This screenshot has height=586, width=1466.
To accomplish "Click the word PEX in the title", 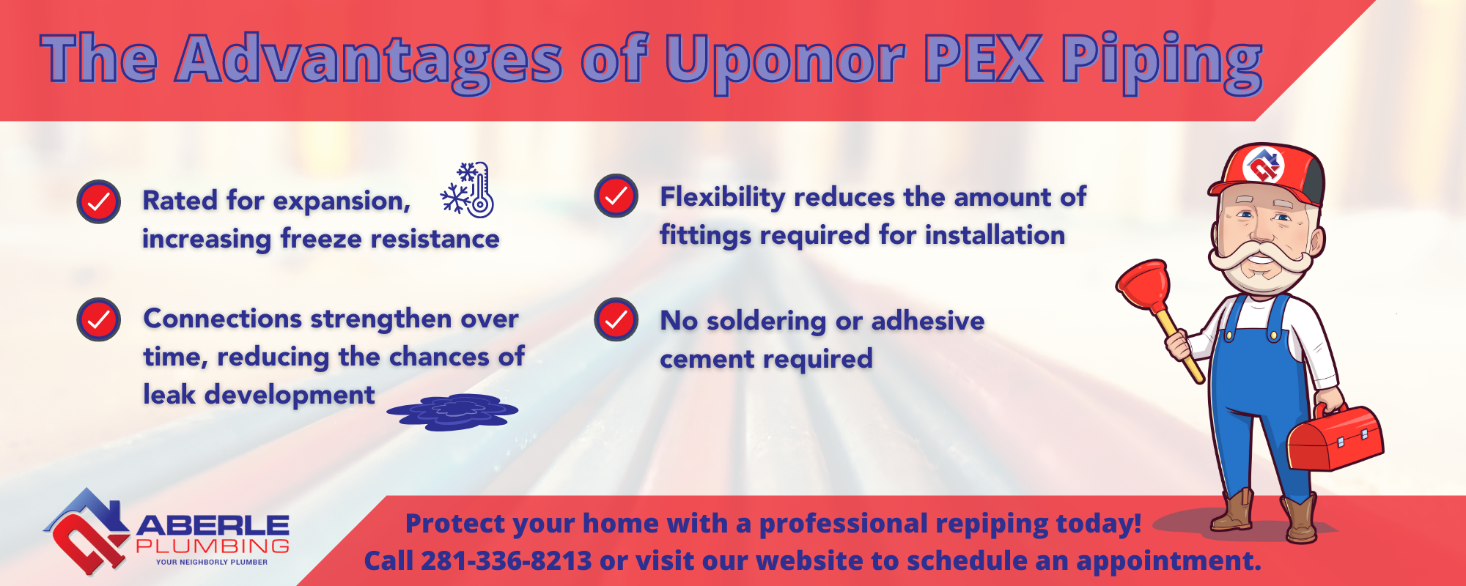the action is tap(984, 59).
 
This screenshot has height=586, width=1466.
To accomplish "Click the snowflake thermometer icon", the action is tap(468, 189).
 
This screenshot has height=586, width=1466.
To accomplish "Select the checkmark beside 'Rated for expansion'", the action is tap(99, 201).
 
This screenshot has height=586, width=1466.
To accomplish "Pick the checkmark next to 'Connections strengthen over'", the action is tap(99, 319).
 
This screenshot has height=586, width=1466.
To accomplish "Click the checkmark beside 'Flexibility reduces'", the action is tap(616, 196).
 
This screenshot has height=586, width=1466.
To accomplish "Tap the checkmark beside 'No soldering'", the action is tap(616, 319).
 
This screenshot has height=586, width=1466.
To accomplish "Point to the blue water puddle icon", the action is tap(452, 412).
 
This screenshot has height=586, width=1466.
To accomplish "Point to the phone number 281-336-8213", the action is tap(507, 561).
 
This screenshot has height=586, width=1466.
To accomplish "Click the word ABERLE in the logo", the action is tap(213, 525).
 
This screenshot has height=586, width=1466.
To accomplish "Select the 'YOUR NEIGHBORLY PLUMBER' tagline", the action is tap(212, 563).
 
